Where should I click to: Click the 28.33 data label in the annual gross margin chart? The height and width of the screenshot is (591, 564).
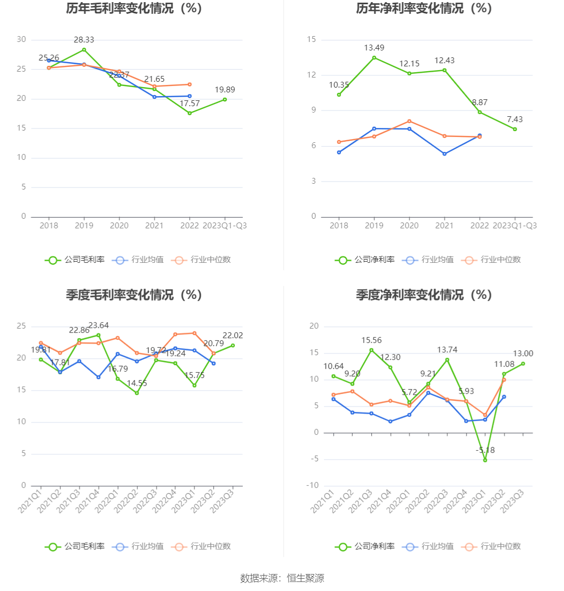tap(84, 40)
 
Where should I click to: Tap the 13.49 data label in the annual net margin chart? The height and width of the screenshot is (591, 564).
tap(374, 48)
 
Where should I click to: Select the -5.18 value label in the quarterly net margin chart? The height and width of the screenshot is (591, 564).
tap(484, 450)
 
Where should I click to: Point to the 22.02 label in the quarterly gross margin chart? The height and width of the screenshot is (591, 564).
tap(232, 336)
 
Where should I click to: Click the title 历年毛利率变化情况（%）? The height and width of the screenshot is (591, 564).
tap(134, 8)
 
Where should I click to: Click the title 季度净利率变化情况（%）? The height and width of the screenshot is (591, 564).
tap(424, 295)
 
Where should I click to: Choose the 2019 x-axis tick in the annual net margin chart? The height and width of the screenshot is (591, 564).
tap(374, 226)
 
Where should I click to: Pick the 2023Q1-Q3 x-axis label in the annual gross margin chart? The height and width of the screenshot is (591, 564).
tap(225, 226)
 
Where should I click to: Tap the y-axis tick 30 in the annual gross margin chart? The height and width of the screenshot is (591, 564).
tap(21, 39)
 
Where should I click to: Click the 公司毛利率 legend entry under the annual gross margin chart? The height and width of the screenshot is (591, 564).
tap(75, 260)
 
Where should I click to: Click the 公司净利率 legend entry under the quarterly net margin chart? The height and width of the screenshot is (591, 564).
tap(365, 546)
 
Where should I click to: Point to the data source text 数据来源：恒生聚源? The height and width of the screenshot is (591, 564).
tap(282, 578)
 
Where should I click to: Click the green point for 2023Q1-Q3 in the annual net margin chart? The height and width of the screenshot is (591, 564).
tap(515, 129)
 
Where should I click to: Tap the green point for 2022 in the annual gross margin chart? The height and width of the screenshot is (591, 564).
tap(190, 113)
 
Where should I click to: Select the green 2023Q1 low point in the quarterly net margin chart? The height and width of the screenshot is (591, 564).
tap(485, 460)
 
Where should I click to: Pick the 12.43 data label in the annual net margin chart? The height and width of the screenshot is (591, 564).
tap(444, 61)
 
